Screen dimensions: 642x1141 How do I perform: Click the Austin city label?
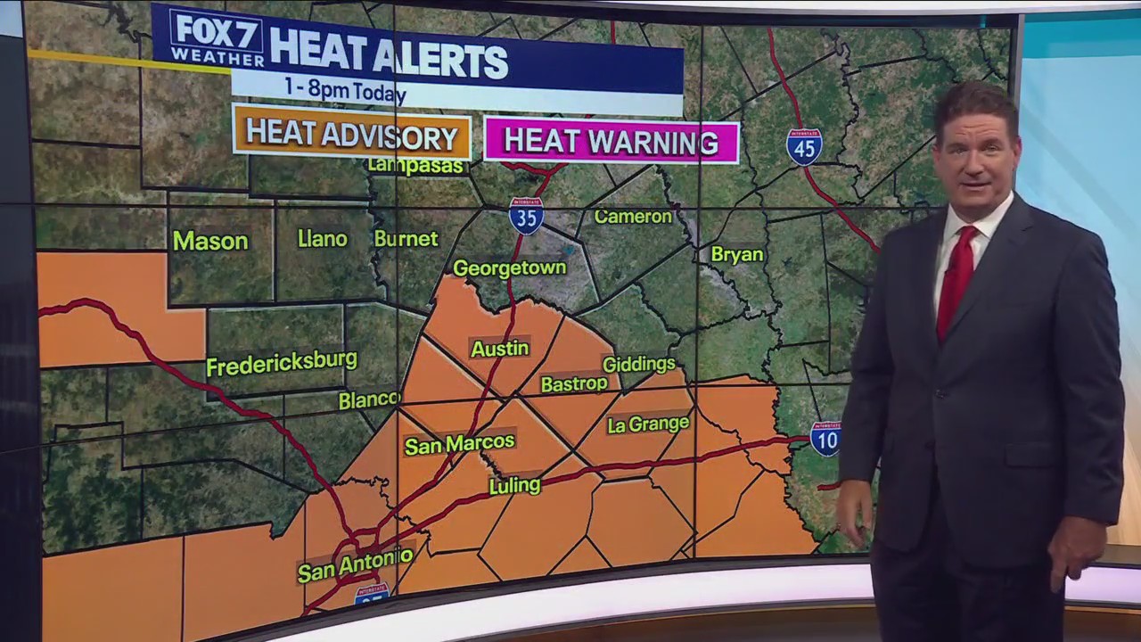(499, 349)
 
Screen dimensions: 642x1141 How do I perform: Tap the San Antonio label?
(355, 564)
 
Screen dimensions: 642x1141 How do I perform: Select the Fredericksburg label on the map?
(281, 363)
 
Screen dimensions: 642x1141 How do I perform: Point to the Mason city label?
(210, 241)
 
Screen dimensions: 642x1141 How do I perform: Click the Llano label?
(323, 239)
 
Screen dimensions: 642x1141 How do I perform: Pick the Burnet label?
(406, 239)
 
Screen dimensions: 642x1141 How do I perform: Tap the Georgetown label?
(509, 267)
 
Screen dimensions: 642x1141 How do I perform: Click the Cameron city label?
(633, 217)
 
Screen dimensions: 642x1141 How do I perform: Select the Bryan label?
(736, 255)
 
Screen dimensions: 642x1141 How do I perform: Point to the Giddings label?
(638, 364)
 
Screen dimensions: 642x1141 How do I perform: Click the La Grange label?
(648, 424)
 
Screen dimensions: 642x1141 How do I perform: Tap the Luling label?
(514, 486)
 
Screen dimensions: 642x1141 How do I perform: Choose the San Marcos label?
(459, 443)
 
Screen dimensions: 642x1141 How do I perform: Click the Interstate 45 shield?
(804, 147)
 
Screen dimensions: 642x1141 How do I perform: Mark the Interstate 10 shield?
(825, 439)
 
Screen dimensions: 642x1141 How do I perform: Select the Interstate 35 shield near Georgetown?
(526, 216)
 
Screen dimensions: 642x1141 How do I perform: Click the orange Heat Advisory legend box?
(351, 137)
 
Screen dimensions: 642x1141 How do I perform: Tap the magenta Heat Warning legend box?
(611, 142)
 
